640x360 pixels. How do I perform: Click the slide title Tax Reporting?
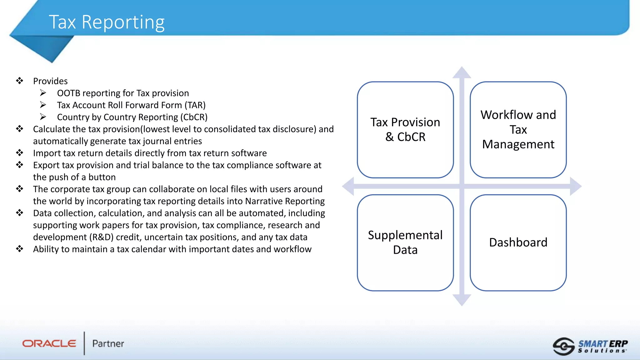point(107,22)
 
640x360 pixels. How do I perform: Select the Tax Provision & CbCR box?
point(405,130)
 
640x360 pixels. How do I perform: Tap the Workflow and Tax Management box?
point(518,130)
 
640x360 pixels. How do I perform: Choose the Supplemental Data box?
point(405,242)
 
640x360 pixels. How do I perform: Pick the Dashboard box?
point(518,242)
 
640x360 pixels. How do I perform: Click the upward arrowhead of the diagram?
point(462,72)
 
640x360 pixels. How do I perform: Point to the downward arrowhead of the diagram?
point(462,300)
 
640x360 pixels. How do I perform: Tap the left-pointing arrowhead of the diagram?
point(348,186)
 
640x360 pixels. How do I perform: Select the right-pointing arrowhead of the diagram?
point(576,186)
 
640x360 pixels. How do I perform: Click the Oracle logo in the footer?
point(49,343)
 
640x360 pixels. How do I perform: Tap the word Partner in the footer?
point(108,344)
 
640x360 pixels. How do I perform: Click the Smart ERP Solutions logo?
point(590,346)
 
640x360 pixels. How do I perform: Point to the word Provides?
point(50,81)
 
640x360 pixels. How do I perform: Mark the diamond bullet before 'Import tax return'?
point(20,153)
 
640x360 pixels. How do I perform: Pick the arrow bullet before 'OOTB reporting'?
point(43,93)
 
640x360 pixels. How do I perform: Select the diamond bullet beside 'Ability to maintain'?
point(20,249)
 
